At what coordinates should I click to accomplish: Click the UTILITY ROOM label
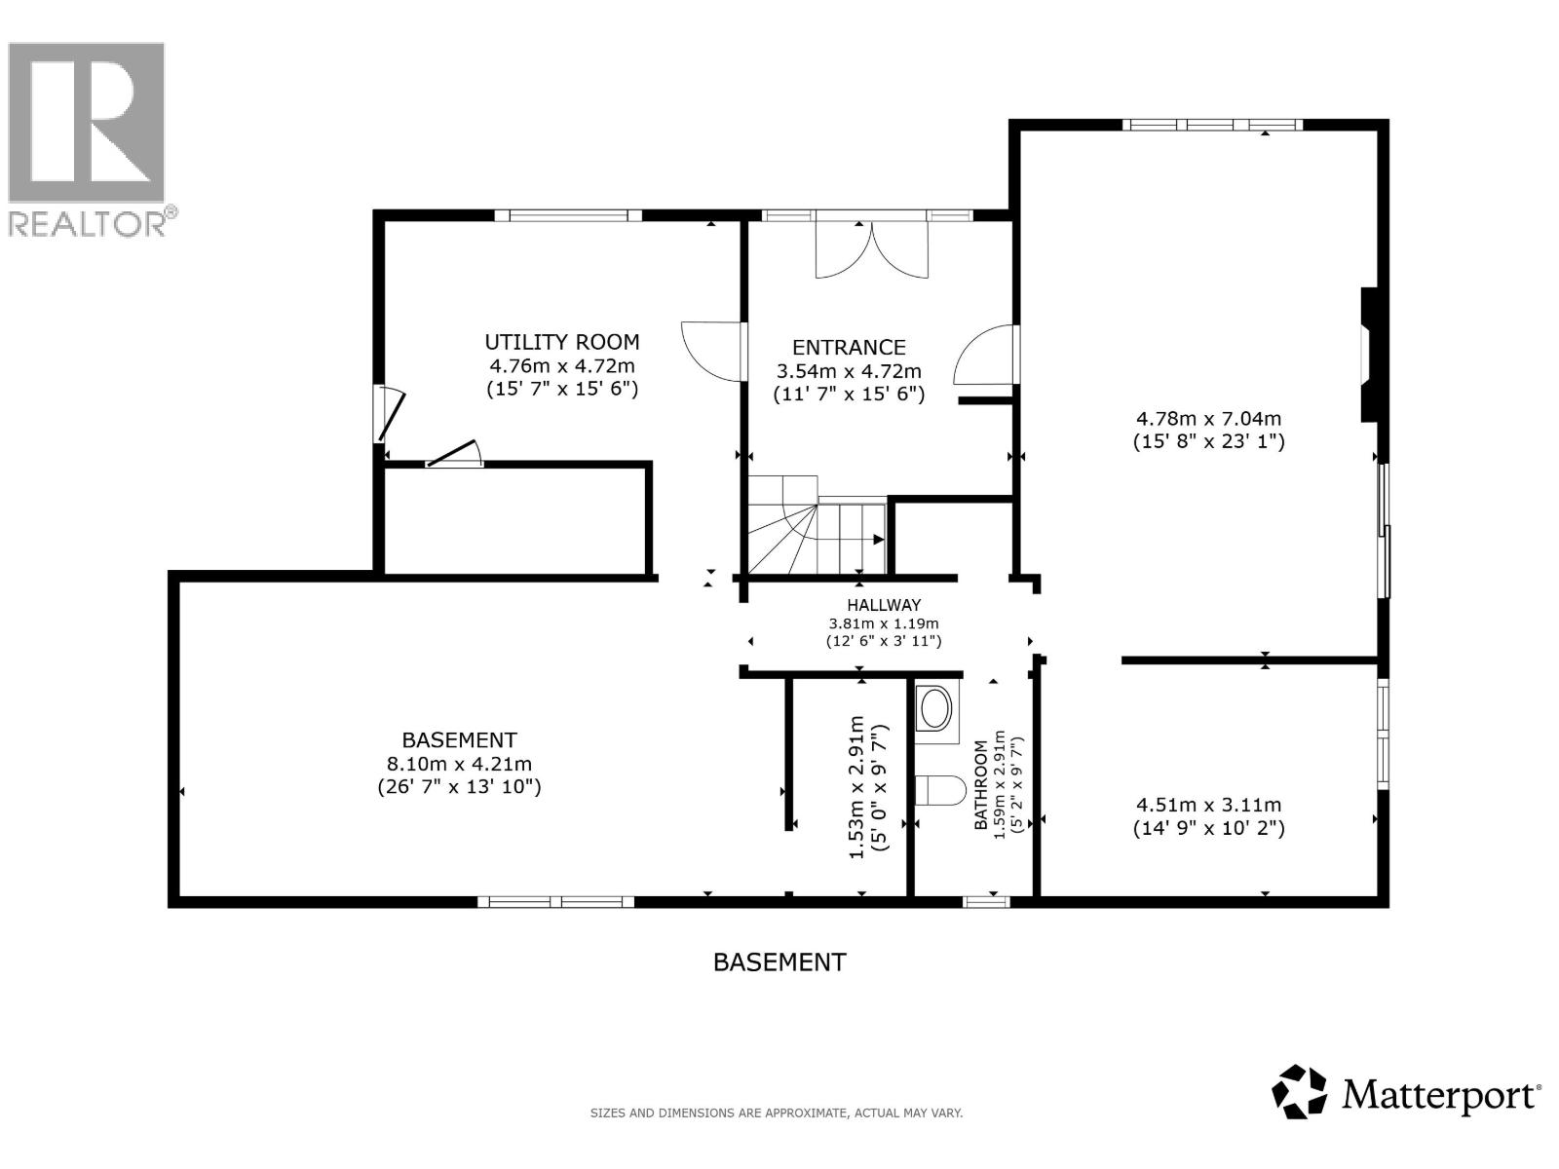click(x=562, y=342)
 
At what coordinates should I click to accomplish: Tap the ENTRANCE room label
click(x=849, y=348)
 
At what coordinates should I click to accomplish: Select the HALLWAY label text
click(x=884, y=605)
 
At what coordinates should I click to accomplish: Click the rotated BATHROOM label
click(x=981, y=785)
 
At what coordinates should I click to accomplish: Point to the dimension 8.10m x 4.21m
click(x=459, y=765)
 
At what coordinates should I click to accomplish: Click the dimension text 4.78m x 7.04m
click(x=1208, y=419)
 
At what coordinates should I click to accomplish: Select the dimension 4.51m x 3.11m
click(x=1208, y=805)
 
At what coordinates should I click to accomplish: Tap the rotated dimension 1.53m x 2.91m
click(x=856, y=787)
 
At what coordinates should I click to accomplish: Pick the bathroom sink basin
click(x=935, y=709)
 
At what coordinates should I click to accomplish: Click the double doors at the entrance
click(x=871, y=250)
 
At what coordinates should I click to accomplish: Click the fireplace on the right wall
click(x=1369, y=355)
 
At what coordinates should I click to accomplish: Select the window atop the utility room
click(x=568, y=215)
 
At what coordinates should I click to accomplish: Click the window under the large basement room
click(x=555, y=902)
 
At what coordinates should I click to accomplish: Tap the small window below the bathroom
click(x=986, y=902)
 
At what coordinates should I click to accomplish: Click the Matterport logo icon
click(x=1300, y=1092)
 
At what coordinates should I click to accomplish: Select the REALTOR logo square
click(x=86, y=123)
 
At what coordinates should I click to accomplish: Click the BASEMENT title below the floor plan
click(x=779, y=962)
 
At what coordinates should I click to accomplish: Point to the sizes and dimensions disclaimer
click(x=777, y=1112)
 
